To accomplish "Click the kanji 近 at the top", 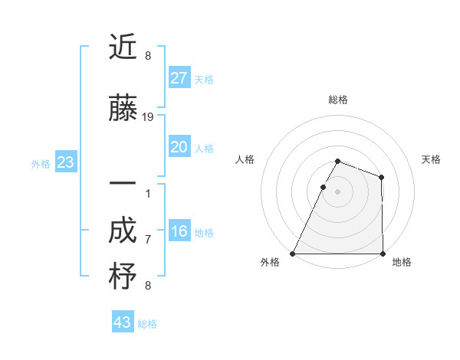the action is [123, 47].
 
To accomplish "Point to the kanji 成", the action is [123, 231].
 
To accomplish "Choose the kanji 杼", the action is [123, 277].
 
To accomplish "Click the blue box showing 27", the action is [179, 78].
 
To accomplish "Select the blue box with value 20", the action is [179, 147].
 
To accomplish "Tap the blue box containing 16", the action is [179, 232].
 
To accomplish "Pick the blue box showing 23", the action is [65, 162].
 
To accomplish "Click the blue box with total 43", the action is [123, 322].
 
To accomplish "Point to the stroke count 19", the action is [148, 117].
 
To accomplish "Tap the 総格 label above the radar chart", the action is [337, 100].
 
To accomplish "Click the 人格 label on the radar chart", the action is [245, 159].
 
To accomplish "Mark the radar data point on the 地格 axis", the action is [382, 254].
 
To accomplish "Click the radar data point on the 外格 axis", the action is [293, 254].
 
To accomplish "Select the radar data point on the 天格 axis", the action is [381, 177].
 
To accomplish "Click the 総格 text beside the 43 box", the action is [147, 324].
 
